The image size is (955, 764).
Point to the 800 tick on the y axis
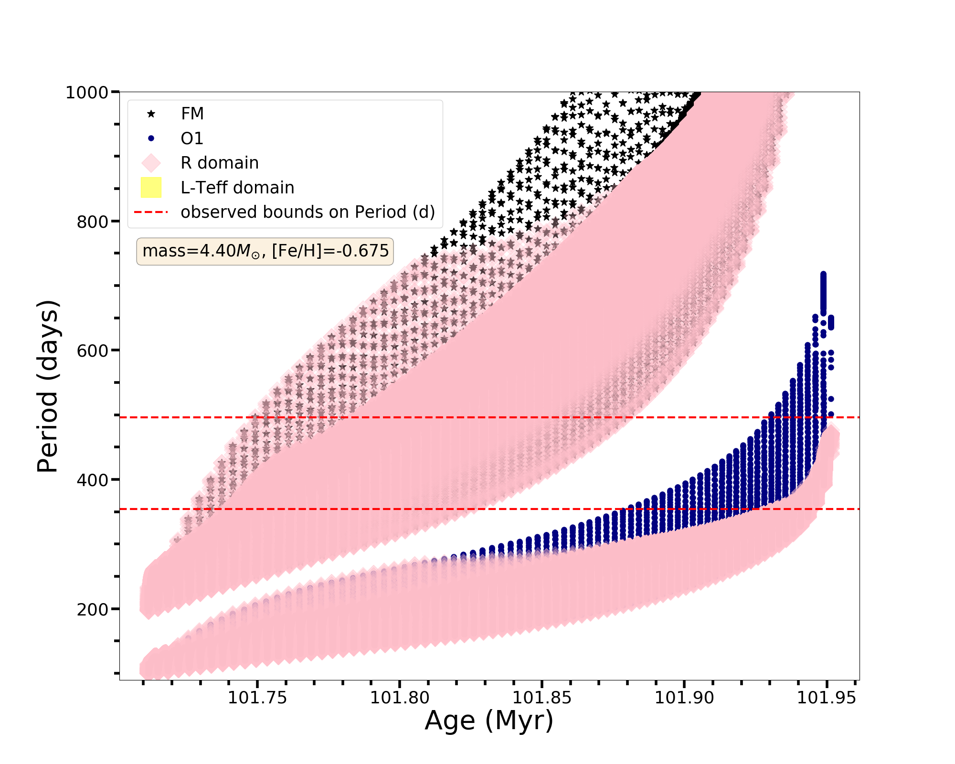pos(92,222)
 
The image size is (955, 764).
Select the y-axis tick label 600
pos(92,350)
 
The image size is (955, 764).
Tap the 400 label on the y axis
pos(92,479)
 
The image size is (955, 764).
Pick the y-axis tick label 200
pos(92,609)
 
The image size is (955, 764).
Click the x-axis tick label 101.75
pos(257,698)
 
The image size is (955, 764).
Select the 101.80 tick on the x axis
pos(400,698)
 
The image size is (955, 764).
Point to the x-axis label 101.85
pos(542,698)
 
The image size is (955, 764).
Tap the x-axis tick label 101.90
pos(684,698)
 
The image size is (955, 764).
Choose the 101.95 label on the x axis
pos(827,698)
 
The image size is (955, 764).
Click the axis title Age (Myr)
pos(489,721)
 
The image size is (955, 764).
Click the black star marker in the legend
pos(151,114)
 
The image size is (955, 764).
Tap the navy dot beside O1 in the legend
pos(151,138)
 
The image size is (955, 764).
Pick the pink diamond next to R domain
pos(151,163)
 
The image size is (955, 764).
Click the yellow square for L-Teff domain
pos(151,188)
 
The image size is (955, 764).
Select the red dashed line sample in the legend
pos(151,212)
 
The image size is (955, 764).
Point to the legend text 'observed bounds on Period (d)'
pos(308,212)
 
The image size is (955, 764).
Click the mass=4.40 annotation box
pos(265,251)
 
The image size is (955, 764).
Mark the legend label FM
pos(192,114)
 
